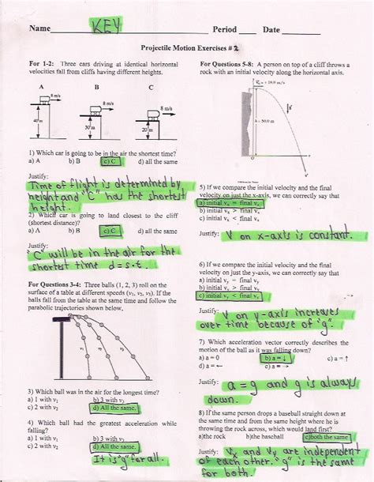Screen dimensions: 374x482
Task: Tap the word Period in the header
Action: click(x=226, y=30)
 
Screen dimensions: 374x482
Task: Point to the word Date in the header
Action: click(x=271, y=30)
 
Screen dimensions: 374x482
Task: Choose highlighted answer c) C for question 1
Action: click(x=112, y=160)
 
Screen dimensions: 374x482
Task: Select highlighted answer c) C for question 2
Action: click(x=112, y=231)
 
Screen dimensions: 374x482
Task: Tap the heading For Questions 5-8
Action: click(x=228, y=62)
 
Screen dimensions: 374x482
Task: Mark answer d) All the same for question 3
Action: click(x=114, y=408)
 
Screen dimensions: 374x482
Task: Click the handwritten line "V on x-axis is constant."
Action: click(x=286, y=235)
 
